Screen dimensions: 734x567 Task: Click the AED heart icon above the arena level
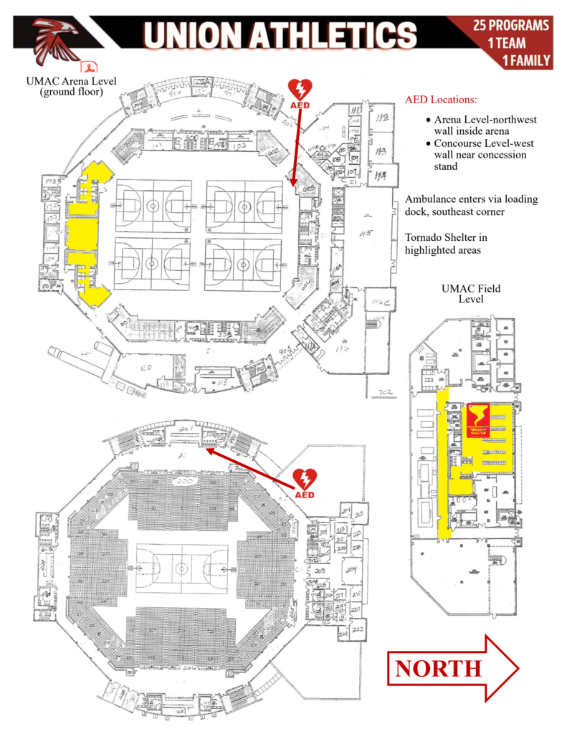[300, 90]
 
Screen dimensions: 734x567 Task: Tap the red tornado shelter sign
[477, 421]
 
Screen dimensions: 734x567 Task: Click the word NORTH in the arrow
[438, 668]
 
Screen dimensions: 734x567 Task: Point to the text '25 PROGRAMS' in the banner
[511, 26]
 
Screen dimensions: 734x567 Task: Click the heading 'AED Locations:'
[441, 99]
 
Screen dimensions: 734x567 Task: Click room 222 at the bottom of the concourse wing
[357, 629]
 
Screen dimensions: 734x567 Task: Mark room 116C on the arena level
[376, 302]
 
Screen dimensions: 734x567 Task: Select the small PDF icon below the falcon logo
[90, 67]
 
